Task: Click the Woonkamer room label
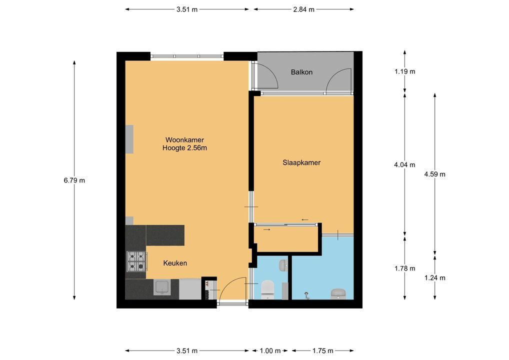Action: pos(184,140)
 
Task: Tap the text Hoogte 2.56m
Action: pos(184,148)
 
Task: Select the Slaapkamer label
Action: pos(301,162)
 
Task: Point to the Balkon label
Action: pos(301,72)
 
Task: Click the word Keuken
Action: pos(175,263)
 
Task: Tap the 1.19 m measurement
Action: pos(404,71)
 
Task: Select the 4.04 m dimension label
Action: pos(404,163)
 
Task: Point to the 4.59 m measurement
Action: pos(434,174)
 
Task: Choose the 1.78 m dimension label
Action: pos(404,268)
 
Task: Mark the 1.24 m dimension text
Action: pos(434,278)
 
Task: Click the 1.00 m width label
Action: pos(270,351)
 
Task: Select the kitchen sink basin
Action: pos(162,287)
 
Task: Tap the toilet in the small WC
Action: pos(268,289)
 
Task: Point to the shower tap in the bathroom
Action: pos(306,295)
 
